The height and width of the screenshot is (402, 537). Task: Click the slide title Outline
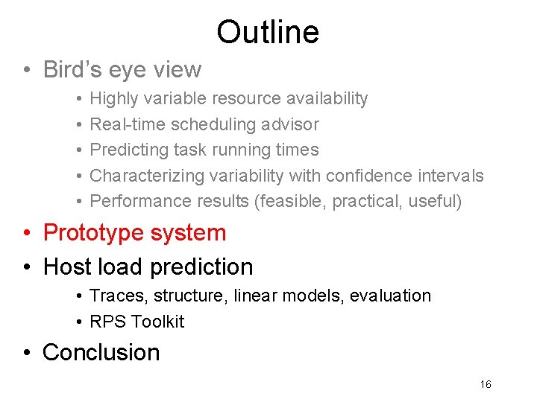click(x=268, y=32)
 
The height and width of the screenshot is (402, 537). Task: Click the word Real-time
click(x=128, y=124)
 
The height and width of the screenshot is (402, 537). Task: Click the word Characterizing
click(x=146, y=176)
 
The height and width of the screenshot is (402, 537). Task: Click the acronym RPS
click(x=107, y=322)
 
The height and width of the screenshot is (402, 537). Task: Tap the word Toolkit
click(x=157, y=322)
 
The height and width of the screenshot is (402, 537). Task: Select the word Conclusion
click(x=101, y=352)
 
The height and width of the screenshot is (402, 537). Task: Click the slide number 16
click(x=486, y=384)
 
